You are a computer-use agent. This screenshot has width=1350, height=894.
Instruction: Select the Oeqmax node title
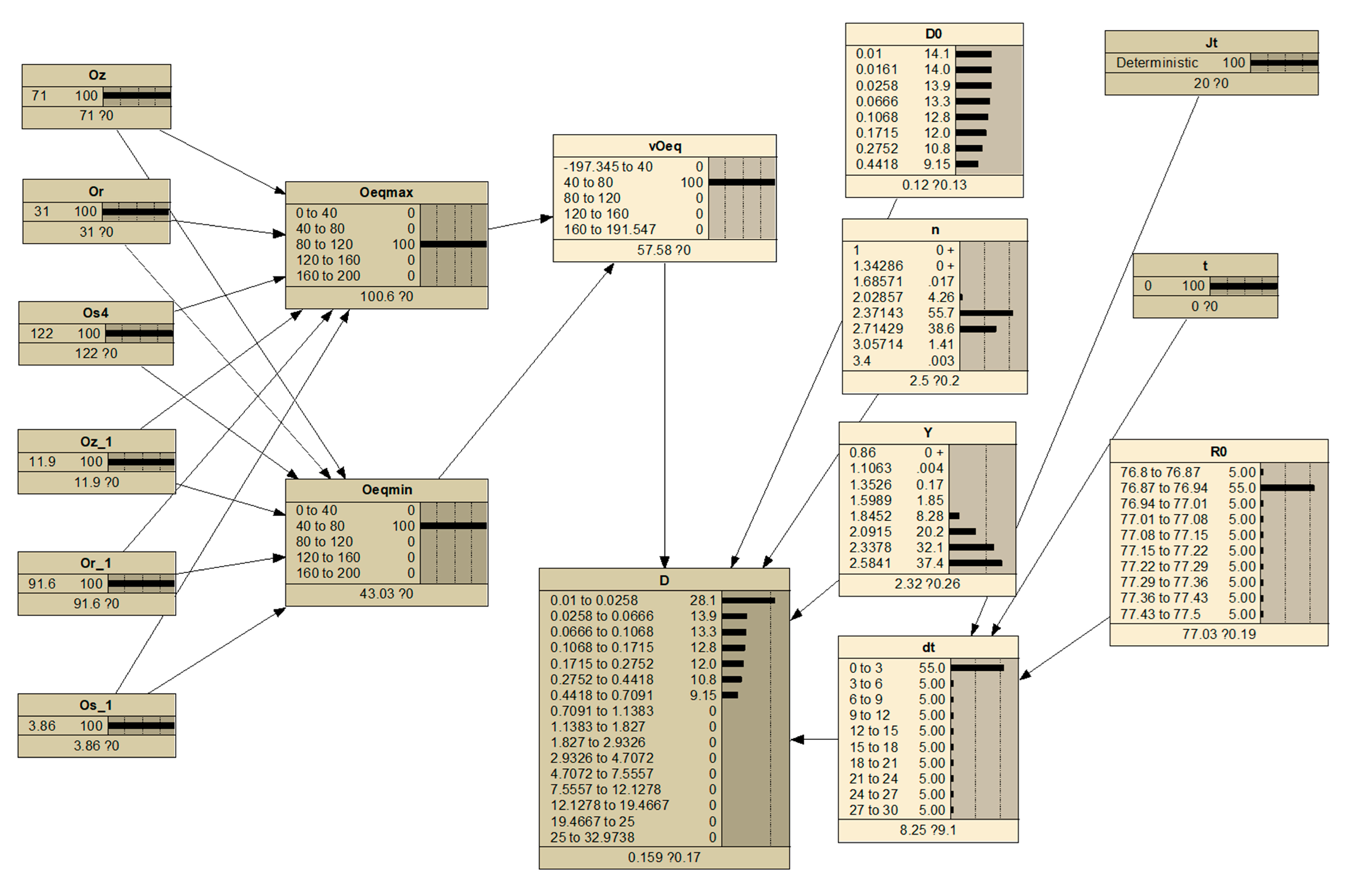[x=386, y=193]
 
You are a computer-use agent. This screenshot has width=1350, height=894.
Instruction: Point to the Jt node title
[x=1211, y=43]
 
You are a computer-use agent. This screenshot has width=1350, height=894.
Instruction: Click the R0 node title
[x=1218, y=452]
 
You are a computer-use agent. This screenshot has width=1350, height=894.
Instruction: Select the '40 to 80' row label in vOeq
[x=588, y=182]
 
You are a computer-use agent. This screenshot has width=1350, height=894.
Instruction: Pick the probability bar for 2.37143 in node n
[x=986, y=313]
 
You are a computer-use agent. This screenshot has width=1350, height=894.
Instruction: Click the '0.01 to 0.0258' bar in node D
[x=748, y=600]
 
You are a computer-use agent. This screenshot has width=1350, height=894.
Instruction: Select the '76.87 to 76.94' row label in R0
[x=1164, y=488]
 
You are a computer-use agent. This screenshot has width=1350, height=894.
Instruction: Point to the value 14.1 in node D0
[x=937, y=54]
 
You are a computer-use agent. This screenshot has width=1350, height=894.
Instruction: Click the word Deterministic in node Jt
[x=1157, y=63]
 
